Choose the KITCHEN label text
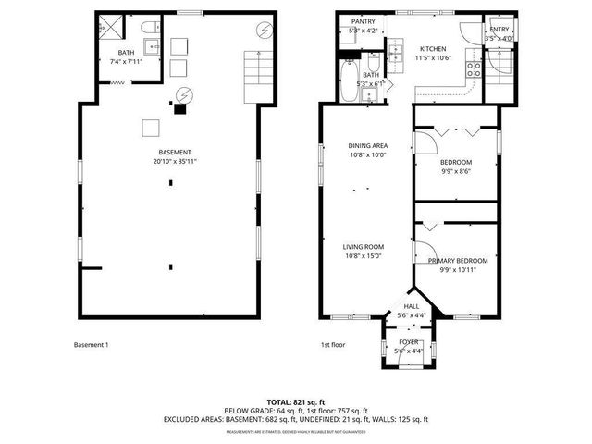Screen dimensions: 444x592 tap(433, 49)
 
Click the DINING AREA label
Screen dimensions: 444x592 tap(367, 145)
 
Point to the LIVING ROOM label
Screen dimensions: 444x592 tap(364, 246)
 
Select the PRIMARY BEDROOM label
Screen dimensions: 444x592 tap(457, 261)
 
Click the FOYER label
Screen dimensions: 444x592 tap(409, 342)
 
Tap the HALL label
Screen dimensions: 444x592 tap(412, 306)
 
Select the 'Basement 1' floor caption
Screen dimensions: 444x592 tap(92, 345)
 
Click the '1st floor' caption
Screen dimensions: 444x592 tap(333, 345)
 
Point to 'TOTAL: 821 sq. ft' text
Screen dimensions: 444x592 tap(295, 402)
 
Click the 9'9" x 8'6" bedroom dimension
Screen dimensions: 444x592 tap(455, 171)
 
